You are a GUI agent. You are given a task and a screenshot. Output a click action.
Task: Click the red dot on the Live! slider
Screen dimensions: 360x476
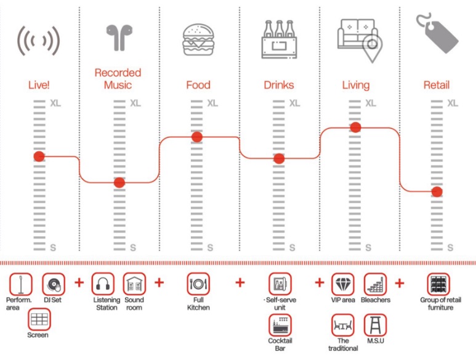click(39, 157)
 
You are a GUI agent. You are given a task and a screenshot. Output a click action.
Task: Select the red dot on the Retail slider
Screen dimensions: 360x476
click(437, 191)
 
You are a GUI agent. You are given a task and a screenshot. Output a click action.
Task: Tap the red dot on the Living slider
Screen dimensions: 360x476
click(355, 127)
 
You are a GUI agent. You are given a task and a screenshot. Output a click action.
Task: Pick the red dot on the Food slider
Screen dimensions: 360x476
click(197, 137)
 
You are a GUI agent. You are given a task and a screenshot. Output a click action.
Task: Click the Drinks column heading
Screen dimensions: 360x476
click(278, 85)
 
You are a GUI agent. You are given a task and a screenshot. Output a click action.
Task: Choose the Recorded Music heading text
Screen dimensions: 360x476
click(118, 79)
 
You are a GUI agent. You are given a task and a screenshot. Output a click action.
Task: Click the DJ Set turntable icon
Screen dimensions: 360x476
click(54, 284)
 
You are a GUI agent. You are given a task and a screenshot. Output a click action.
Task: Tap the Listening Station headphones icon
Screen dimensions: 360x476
click(103, 284)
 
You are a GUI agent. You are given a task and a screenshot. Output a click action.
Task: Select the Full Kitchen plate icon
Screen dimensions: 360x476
click(198, 284)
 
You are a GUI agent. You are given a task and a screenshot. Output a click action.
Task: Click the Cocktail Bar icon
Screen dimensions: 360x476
click(280, 324)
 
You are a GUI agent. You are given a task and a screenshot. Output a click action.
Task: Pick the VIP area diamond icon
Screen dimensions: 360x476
click(343, 284)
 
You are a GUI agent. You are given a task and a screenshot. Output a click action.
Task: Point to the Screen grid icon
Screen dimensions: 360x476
click(39, 319)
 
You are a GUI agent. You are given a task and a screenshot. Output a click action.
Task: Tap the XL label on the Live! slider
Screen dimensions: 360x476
click(56, 103)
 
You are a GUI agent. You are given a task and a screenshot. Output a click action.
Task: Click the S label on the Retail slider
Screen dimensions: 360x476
click(450, 247)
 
